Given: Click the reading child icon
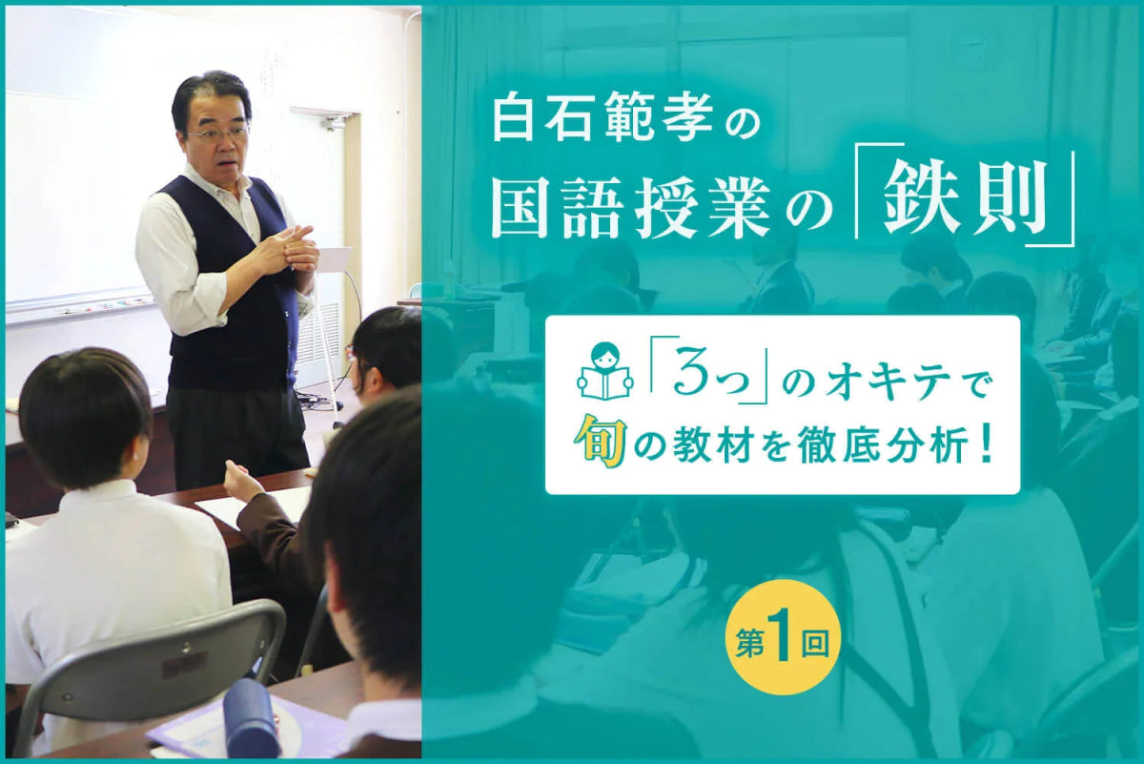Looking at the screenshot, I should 604,372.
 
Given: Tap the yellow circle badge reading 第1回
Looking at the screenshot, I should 782,636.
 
